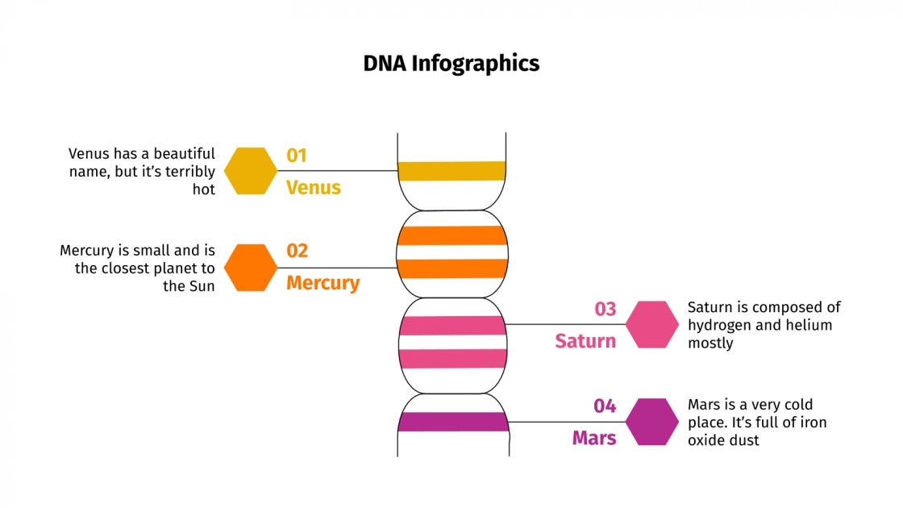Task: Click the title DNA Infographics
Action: click(451, 64)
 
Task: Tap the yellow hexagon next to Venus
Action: click(250, 171)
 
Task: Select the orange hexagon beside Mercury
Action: click(250, 268)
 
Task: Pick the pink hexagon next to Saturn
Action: click(652, 325)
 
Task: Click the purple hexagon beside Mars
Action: click(652, 422)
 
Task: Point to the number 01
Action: click(297, 155)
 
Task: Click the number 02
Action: click(297, 251)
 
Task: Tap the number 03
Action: click(605, 309)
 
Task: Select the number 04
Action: click(605, 406)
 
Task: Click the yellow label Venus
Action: click(314, 188)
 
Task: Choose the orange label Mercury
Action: click(322, 284)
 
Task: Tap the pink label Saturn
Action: click(585, 342)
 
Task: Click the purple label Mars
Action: click(594, 439)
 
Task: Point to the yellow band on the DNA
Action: click(451, 171)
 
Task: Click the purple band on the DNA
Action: click(451, 422)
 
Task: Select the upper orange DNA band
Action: click(451, 235)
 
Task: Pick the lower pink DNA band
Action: click(451, 359)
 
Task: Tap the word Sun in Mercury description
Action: click(202, 286)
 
